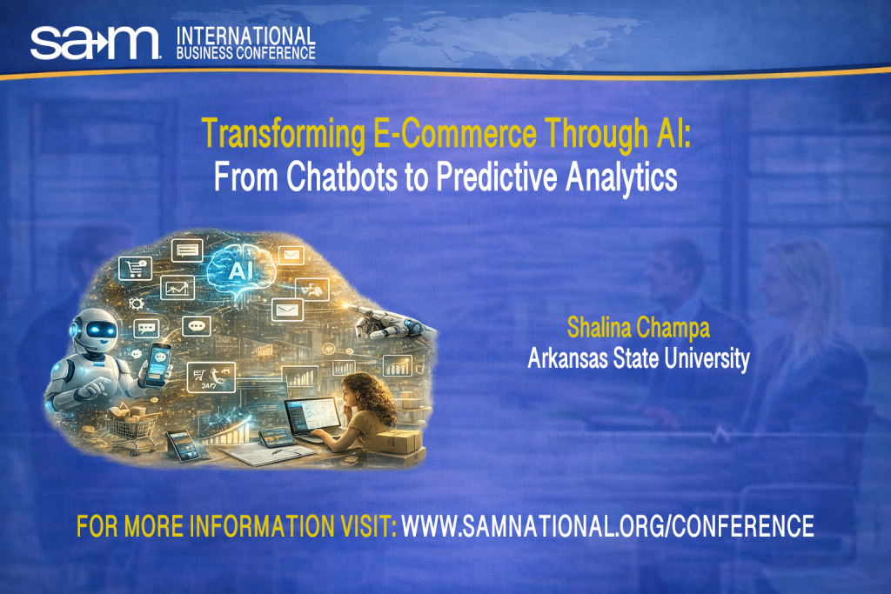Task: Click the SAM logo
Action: tap(95, 41)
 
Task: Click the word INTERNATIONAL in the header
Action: tap(245, 36)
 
